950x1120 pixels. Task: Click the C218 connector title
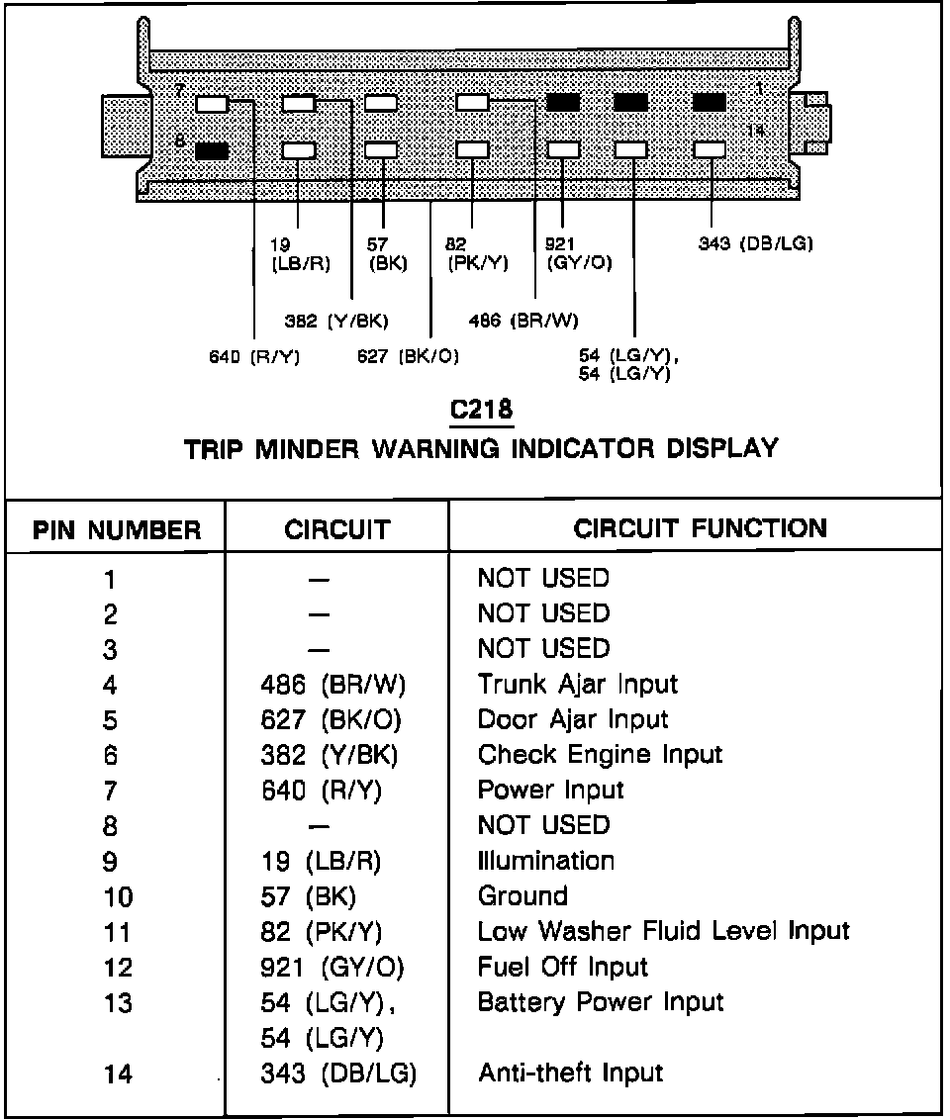pyautogui.click(x=481, y=410)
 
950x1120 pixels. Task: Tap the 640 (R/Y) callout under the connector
pyautogui.click(x=254, y=356)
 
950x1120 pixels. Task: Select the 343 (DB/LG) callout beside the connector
pyautogui.click(x=755, y=243)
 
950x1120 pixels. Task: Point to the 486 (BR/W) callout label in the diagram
pyautogui.click(x=523, y=320)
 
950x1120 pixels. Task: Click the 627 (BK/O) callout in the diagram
pyautogui.click(x=408, y=356)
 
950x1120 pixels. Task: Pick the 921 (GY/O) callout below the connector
pyautogui.click(x=579, y=253)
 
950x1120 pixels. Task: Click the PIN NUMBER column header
pyautogui.click(x=117, y=529)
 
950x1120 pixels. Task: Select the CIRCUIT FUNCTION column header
pyautogui.click(x=700, y=527)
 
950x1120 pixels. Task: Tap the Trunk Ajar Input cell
pyautogui.click(x=577, y=684)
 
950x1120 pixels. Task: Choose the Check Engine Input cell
pyautogui.click(x=600, y=755)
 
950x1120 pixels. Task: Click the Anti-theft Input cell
pyautogui.click(x=570, y=1073)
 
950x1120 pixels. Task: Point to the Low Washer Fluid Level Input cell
pyautogui.click(x=663, y=931)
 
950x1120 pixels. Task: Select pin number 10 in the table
pyautogui.click(x=117, y=897)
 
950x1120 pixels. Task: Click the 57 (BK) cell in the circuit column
pyautogui.click(x=308, y=897)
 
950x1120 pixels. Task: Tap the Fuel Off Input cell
pyautogui.click(x=562, y=967)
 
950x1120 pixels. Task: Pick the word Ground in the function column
pyautogui.click(x=522, y=896)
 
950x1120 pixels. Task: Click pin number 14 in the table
pyautogui.click(x=117, y=1074)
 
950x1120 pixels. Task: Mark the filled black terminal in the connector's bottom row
pyautogui.click(x=212, y=151)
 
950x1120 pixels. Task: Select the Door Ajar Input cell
pyautogui.click(x=572, y=719)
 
